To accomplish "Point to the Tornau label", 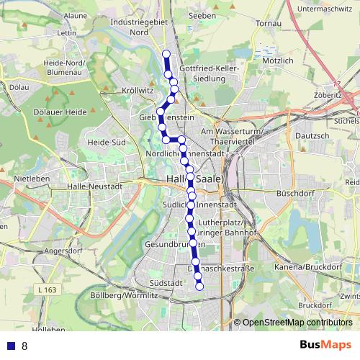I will point(269,23).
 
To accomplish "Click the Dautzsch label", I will point(312,135).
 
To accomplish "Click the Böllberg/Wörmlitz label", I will point(124,295).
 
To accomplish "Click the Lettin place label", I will point(66,32).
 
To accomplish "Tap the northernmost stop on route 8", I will point(166,54).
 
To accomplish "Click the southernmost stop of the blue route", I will point(199,287).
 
